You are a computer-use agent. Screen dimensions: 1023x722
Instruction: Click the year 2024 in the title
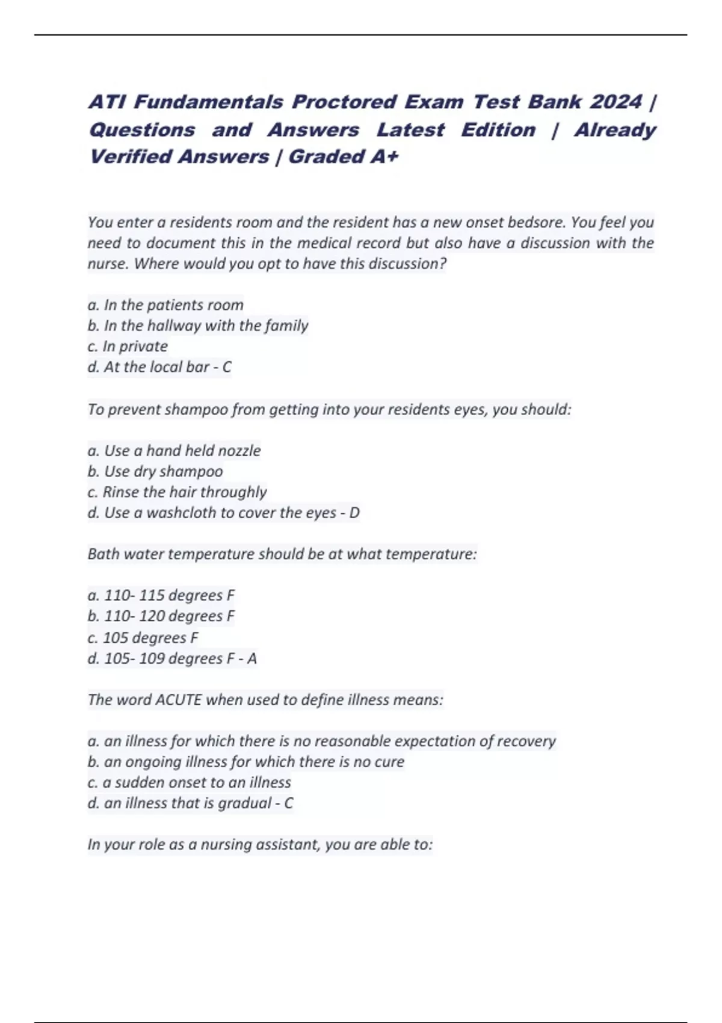point(616,102)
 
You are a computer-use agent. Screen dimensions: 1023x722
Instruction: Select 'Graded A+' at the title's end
point(343,157)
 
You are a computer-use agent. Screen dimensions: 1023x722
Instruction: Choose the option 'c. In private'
point(128,347)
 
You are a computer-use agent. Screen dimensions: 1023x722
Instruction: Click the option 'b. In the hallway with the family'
point(198,326)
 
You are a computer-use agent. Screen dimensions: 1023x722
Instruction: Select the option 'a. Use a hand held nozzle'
point(174,451)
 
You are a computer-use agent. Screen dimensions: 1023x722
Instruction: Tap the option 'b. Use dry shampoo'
point(155,471)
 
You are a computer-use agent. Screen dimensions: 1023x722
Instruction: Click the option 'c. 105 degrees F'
point(143,638)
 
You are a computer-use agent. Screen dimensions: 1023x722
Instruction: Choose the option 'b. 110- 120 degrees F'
point(161,616)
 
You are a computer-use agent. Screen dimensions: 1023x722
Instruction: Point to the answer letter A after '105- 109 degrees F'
point(252,659)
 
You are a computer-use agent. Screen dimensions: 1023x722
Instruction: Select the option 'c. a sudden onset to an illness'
point(190,782)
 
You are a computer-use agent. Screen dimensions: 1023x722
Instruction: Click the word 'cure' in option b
point(389,762)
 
